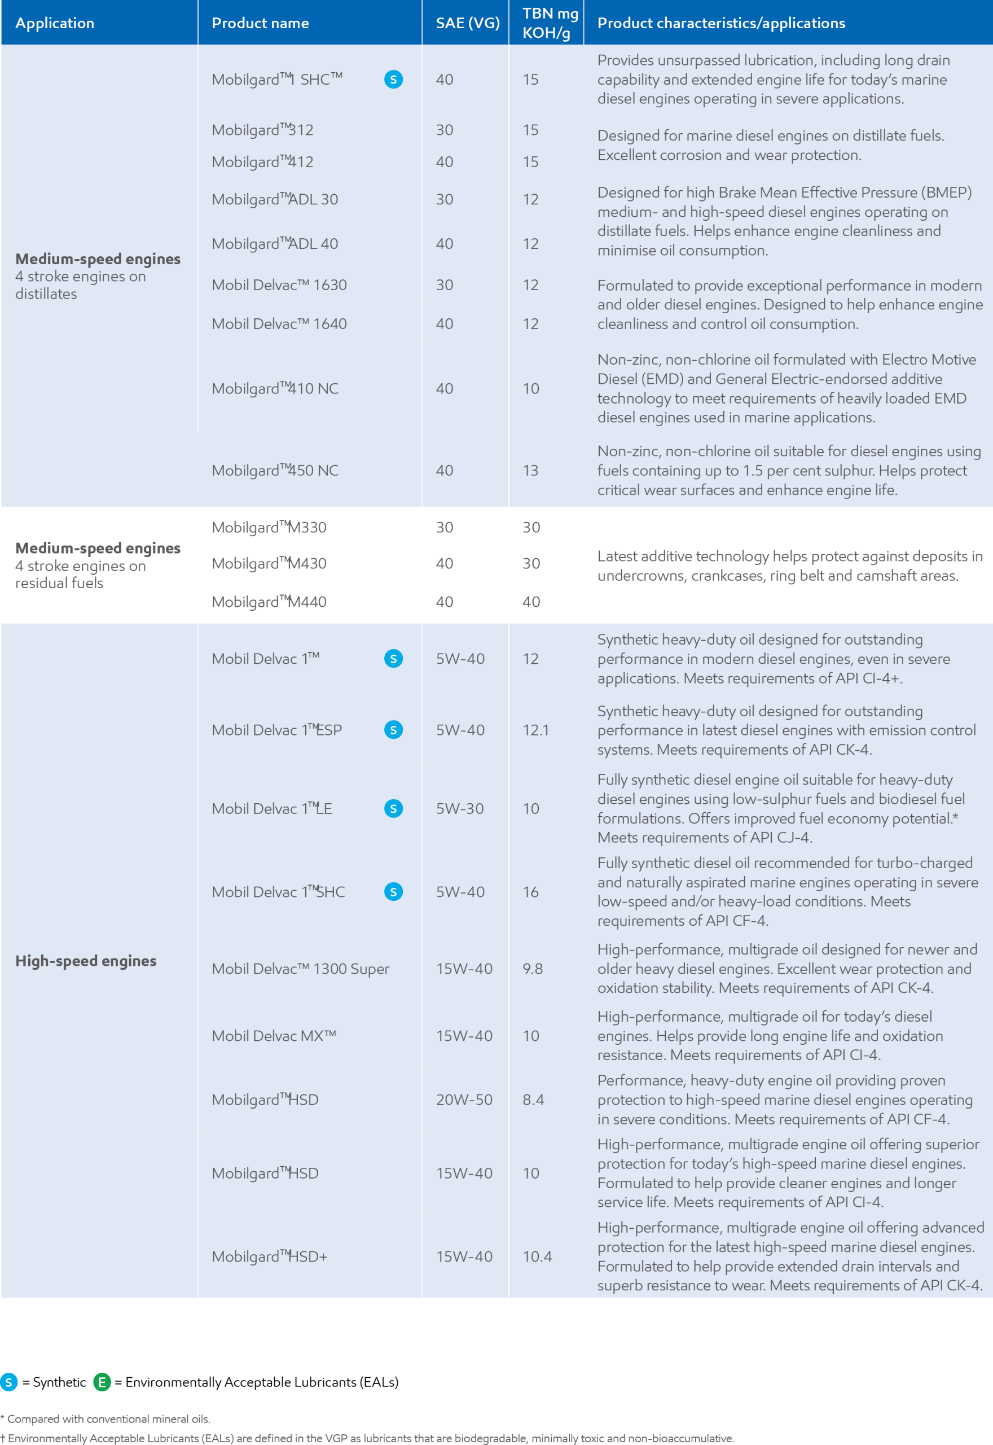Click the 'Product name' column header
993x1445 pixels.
click(x=260, y=23)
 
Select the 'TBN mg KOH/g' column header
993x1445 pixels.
click(x=550, y=23)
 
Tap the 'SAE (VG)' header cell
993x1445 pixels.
click(x=467, y=23)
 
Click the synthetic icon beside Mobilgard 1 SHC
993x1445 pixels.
click(x=393, y=80)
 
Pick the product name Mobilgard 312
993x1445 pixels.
click(x=262, y=130)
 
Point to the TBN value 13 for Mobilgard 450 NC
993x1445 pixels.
click(x=530, y=470)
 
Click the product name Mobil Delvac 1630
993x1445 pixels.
click(x=279, y=285)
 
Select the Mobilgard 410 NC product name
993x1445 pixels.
click(x=275, y=388)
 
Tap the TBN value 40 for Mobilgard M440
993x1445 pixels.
click(x=531, y=602)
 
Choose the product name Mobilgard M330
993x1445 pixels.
click(x=269, y=527)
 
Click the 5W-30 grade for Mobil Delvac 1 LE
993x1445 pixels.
click(x=459, y=808)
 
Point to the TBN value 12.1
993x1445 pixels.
click(x=535, y=730)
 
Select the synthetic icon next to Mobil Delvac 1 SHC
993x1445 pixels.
click(x=393, y=892)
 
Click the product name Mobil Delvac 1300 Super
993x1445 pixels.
click(x=300, y=969)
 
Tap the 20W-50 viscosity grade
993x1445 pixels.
click(x=464, y=1100)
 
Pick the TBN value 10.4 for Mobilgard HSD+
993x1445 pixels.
click(x=537, y=1256)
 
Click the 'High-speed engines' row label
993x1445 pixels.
click(x=86, y=961)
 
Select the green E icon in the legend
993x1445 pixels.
click(x=102, y=1382)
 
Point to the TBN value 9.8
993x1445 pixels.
click(x=532, y=969)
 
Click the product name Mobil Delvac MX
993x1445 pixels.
click(x=274, y=1036)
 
